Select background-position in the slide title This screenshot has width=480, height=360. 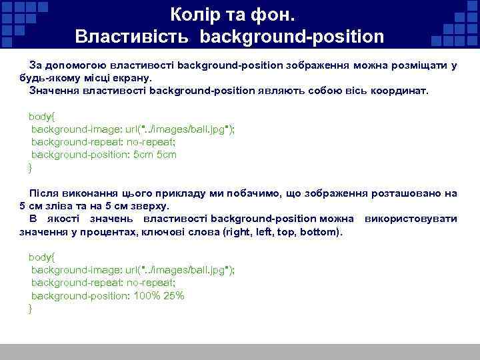coord(289,35)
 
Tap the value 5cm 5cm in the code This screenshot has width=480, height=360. coord(155,154)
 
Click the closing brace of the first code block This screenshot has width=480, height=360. coord(30,167)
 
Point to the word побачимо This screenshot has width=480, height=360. coord(254,193)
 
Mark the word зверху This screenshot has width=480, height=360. coord(151,205)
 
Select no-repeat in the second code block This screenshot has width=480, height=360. coord(145,283)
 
